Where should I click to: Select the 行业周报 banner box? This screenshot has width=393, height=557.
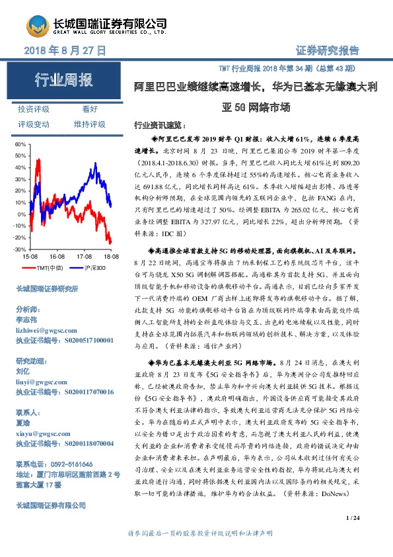point(63,81)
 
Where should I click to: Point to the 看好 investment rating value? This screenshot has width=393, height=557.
point(90,109)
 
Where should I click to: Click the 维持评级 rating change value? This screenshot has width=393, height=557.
point(90,124)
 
